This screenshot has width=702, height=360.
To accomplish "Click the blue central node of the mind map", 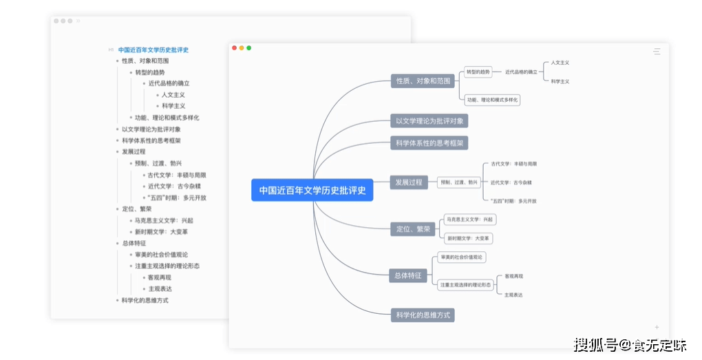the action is (312, 190).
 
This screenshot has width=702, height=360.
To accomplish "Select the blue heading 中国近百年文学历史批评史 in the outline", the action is (153, 50).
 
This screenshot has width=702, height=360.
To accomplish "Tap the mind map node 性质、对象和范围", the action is (423, 81).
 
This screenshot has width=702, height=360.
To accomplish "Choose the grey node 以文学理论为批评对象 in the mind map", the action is (429, 121).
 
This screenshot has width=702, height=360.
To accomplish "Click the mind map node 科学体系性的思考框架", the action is (429, 143).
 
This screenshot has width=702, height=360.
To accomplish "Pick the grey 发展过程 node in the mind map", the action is (409, 182).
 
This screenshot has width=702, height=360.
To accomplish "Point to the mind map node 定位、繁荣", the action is (413, 229).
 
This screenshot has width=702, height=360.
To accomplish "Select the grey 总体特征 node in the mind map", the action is (408, 275).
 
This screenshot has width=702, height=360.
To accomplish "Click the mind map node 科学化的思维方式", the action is (423, 315).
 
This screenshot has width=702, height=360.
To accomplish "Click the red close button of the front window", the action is (234, 48).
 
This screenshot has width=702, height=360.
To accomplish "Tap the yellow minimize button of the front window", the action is (242, 48).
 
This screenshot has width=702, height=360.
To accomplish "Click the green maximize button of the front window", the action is (249, 48).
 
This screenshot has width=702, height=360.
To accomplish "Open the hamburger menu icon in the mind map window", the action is (657, 52).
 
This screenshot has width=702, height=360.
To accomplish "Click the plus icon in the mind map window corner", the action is (657, 328).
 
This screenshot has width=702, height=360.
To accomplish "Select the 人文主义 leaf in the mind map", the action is (560, 63).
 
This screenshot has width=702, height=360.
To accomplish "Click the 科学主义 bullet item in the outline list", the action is (173, 106).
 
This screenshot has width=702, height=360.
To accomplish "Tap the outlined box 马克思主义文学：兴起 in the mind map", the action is (469, 220).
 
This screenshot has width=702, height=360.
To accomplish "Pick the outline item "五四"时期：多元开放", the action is (177, 198).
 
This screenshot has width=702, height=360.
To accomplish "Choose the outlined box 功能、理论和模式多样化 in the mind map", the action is (492, 100).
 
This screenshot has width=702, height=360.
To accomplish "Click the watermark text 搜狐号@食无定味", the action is (630, 345).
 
